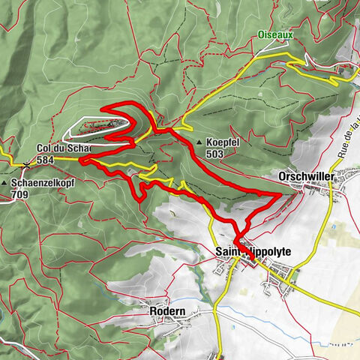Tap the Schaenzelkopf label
click(x=38, y=183)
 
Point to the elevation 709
click(x=20, y=194)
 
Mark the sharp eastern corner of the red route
click(x=280, y=194)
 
